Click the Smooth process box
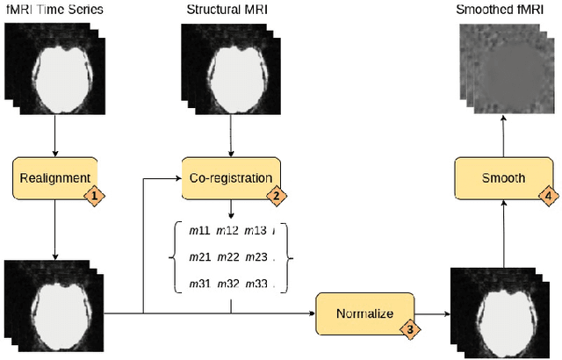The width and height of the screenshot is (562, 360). click(503, 177)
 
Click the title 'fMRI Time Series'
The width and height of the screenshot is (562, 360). click(54, 9)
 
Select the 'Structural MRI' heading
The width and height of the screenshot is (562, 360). click(230, 9)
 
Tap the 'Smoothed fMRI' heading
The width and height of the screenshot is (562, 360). click(503, 9)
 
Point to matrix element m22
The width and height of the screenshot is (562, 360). click(229, 257)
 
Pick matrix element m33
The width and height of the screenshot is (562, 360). click(256, 284)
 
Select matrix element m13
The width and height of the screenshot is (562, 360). click(256, 230)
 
